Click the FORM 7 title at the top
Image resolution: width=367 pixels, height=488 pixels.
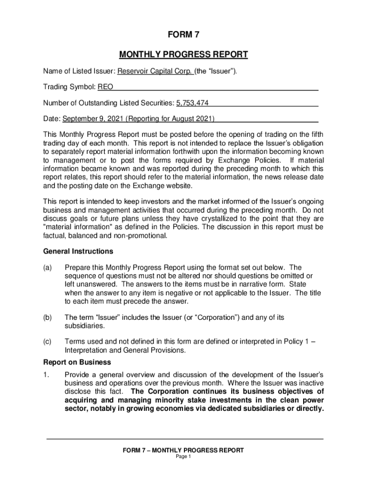click(183, 35)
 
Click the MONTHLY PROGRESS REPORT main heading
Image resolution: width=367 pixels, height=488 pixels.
click(183, 54)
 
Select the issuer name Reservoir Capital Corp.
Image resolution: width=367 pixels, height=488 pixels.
click(155, 71)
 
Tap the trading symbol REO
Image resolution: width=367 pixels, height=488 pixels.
click(105, 87)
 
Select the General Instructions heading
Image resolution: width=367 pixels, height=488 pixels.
click(78, 251)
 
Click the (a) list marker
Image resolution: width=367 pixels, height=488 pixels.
click(48, 268)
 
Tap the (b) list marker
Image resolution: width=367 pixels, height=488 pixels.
click(48, 317)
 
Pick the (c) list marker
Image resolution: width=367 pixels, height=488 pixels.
click(48, 341)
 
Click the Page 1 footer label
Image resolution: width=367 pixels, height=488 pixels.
click(183, 457)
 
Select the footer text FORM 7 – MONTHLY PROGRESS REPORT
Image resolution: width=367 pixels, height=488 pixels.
click(183, 450)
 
